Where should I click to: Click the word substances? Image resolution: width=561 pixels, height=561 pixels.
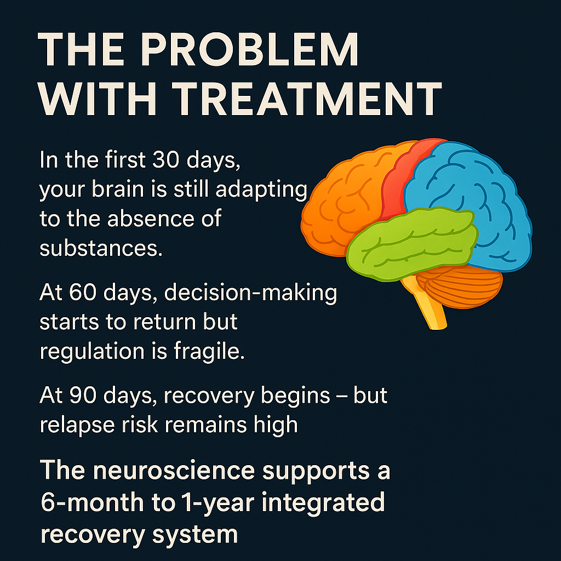pyautogui.click(x=101, y=248)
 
